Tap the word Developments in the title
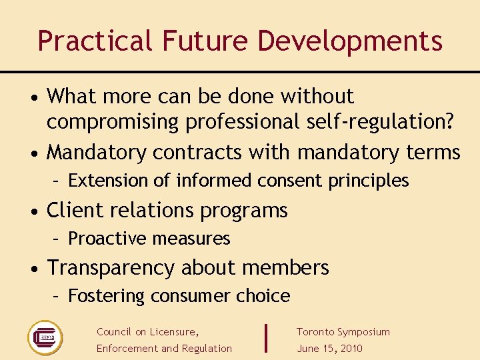coord(350,41)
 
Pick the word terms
coord(433,153)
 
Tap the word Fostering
coord(107,296)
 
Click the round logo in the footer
coord(45,337)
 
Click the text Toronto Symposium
coord(343,332)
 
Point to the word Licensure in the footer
coord(174,332)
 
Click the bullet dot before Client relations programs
coord(35,211)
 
